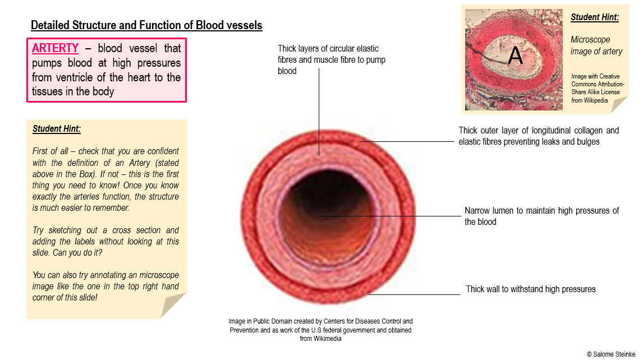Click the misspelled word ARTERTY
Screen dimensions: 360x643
(55, 48)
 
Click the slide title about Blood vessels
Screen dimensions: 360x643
(146, 25)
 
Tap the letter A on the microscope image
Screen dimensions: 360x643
(515, 56)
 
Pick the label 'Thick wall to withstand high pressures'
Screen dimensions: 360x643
(530, 289)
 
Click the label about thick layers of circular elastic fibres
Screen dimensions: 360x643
(332, 59)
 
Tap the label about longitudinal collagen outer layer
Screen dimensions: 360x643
(538, 136)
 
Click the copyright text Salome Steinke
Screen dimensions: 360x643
(610, 354)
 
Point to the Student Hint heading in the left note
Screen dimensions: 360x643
(57, 129)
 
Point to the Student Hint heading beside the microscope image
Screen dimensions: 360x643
(595, 17)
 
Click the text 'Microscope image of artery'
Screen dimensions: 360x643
(596, 45)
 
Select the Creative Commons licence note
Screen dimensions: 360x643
(598, 88)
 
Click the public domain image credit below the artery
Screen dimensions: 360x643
(320, 330)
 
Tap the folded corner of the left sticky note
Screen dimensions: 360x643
(173, 305)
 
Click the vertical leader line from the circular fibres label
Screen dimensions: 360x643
(319, 112)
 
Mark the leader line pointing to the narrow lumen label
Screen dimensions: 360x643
(393, 216)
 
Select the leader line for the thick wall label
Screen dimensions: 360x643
(415, 294)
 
